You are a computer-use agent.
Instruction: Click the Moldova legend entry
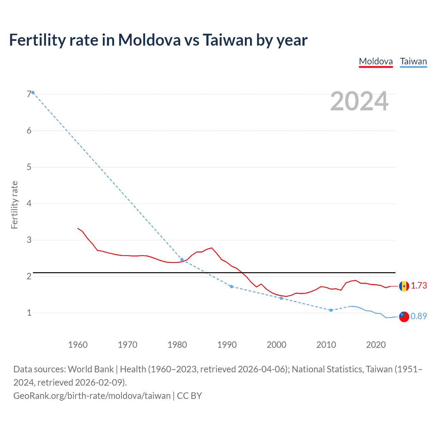(376, 61)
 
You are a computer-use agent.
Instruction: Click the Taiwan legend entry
(413, 61)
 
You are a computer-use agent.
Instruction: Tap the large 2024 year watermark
(359, 101)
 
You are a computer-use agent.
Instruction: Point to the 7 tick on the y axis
(29, 94)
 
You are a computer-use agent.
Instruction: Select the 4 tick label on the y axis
(29, 203)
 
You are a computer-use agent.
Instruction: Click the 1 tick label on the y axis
(29, 313)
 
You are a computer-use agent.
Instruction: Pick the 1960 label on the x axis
(78, 345)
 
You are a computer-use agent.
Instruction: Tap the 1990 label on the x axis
(227, 345)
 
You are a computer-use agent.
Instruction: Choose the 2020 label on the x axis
(376, 345)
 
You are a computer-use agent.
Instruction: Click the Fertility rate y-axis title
(14, 205)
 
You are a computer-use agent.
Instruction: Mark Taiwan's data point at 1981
(182, 260)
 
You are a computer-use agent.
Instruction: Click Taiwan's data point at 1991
(232, 286)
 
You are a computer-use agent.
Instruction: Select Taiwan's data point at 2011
(331, 310)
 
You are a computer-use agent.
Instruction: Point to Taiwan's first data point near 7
(33, 93)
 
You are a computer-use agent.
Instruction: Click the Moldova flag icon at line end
(404, 286)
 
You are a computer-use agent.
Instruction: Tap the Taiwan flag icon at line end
(404, 316)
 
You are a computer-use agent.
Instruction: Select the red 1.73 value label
(419, 285)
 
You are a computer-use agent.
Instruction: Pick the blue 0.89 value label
(419, 316)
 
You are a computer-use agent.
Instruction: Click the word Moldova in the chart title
(149, 40)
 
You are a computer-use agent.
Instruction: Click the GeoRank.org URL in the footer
(92, 395)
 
